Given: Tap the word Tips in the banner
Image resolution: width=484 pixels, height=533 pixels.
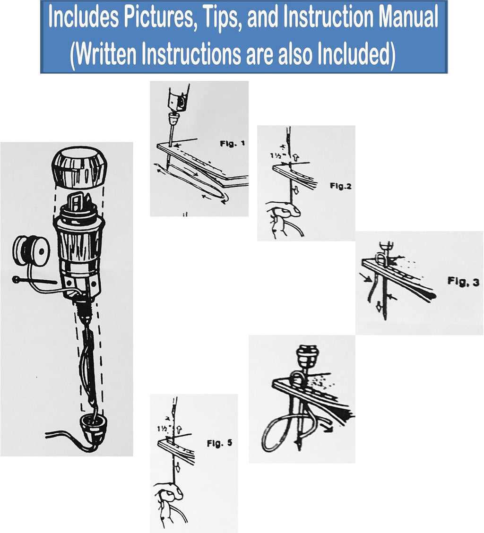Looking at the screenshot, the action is pos(221,17).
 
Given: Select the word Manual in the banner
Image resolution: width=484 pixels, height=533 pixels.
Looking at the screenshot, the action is pos(408,17).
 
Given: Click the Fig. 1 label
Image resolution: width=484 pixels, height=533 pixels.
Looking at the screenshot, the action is pos(232,144).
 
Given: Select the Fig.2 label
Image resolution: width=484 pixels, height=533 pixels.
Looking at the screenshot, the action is pos(340,186).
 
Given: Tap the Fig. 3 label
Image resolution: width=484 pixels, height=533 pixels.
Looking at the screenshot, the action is pos(463,282).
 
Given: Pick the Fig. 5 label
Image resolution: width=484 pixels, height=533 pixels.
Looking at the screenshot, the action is pos(219,443).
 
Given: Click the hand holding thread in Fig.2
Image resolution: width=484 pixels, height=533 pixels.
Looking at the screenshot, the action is pos(282,218).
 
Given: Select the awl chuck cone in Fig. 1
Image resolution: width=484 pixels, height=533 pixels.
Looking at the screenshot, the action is pos(174,120).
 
